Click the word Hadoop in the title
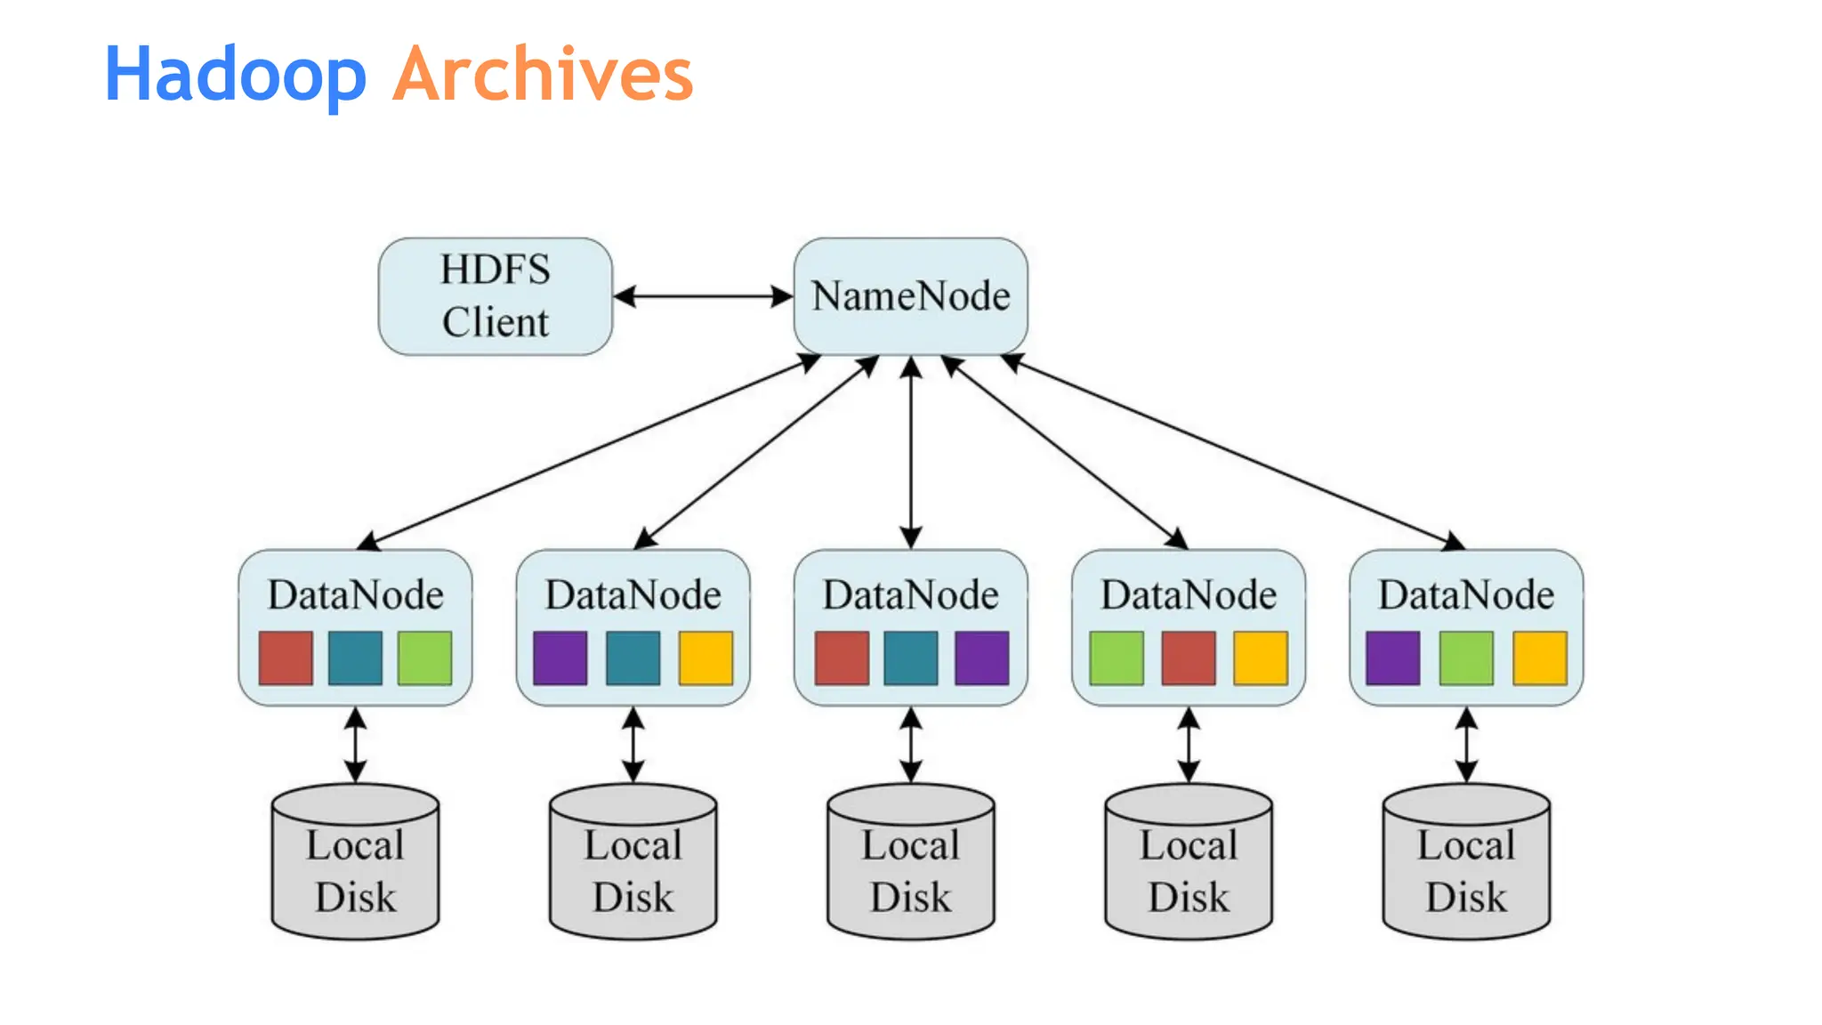(235, 75)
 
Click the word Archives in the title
(543, 75)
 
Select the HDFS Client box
(495, 296)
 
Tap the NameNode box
(910, 296)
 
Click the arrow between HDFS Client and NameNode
(703, 296)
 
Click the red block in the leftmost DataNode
(286, 658)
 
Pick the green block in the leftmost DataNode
(424, 658)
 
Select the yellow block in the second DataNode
(705, 658)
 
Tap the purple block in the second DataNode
(560, 658)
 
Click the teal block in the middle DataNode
(910, 658)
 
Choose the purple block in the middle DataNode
(981, 658)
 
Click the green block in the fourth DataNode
(1117, 658)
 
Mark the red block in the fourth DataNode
(1188, 658)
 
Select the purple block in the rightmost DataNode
(1392, 658)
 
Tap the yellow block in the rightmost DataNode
(1539, 658)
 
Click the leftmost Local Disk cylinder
(355, 868)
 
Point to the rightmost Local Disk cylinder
(1465, 868)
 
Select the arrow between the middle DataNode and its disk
(910, 745)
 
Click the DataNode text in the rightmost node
(1465, 594)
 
